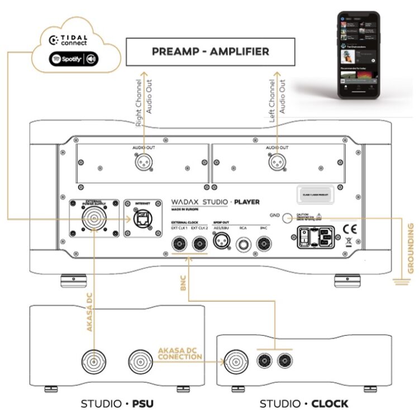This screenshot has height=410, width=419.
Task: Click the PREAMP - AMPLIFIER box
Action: (x=210, y=52)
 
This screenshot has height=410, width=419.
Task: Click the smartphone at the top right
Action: (x=357, y=53)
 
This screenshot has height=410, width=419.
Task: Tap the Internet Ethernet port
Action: (x=142, y=217)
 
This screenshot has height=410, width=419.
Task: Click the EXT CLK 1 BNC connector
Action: (x=180, y=244)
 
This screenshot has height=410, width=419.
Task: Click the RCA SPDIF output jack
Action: (x=242, y=244)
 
